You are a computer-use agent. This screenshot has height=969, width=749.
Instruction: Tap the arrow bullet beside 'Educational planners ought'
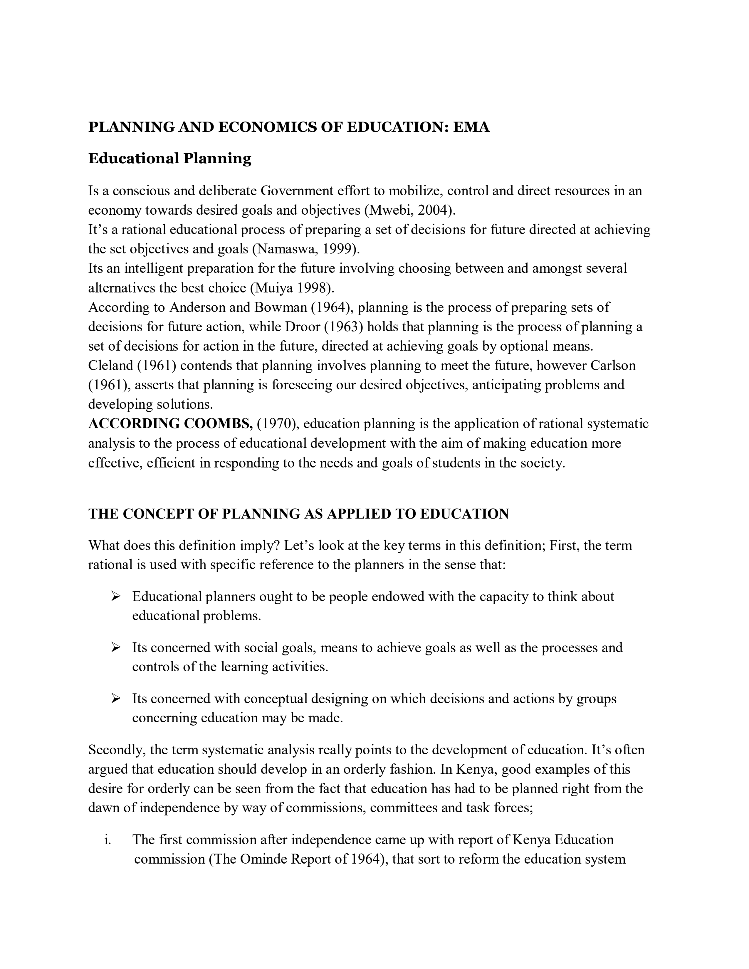click(x=116, y=597)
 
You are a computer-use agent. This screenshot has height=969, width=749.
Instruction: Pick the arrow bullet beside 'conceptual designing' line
click(x=116, y=699)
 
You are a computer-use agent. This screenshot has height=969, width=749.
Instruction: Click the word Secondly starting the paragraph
click(x=117, y=750)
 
